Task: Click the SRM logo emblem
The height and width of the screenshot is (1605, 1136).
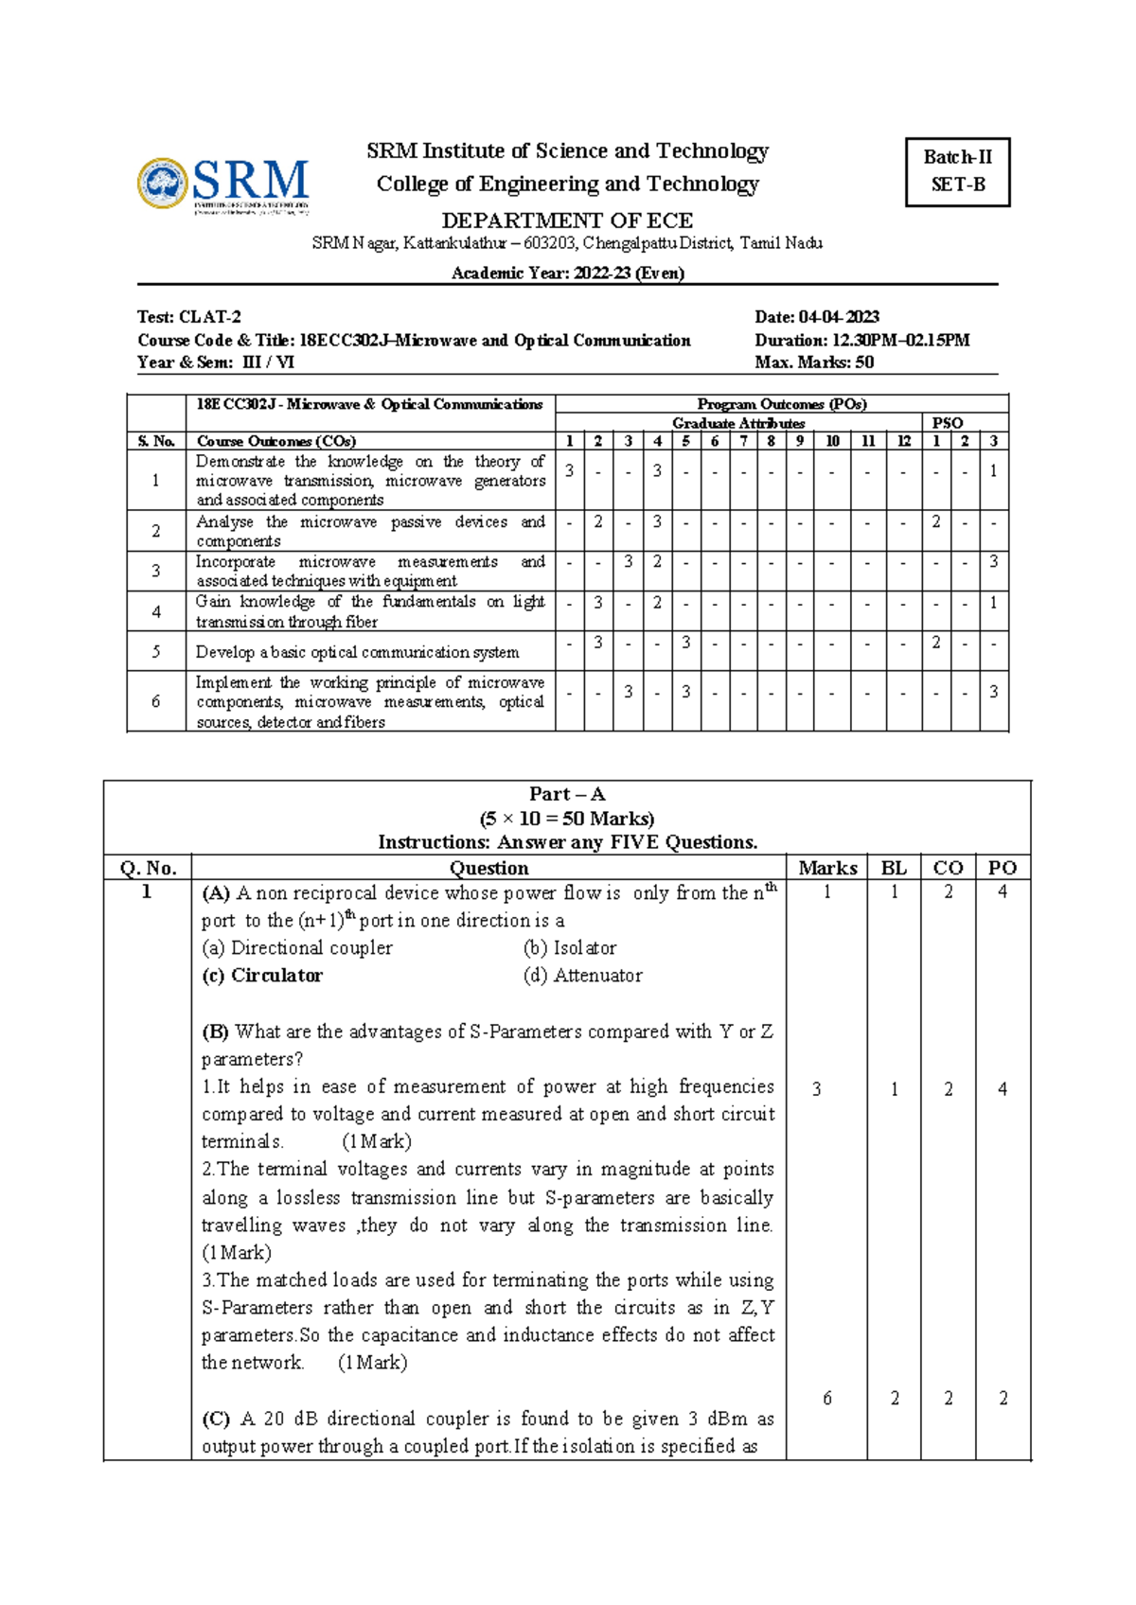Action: point(163,183)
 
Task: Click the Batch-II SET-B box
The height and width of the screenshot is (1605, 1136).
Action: point(957,171)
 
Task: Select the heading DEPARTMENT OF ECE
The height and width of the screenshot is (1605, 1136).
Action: point(567,220)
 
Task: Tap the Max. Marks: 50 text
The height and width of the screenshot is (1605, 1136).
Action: point(813,362)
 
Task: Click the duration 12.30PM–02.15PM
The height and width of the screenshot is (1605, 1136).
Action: point(898,340)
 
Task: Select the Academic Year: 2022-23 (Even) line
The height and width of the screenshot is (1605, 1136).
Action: point(567,273)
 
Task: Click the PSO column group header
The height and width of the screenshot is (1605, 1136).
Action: point(947,423)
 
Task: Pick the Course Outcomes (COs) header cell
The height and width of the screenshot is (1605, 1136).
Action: point(275,441)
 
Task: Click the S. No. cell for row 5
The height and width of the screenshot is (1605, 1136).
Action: point(156,651)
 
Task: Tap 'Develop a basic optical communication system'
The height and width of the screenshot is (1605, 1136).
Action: point(357,652)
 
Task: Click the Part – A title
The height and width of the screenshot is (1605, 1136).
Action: point(567,794)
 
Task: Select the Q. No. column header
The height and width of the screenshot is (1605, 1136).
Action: point(148,868)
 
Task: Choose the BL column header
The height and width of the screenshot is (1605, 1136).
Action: point(893,868)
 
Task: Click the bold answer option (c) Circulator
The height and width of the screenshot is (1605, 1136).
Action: point(262,976)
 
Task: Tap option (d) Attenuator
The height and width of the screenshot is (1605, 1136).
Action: point(582,976)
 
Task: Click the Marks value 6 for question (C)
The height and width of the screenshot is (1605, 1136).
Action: point(826,1399)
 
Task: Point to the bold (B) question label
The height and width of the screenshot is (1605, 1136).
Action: point(215,1032)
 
